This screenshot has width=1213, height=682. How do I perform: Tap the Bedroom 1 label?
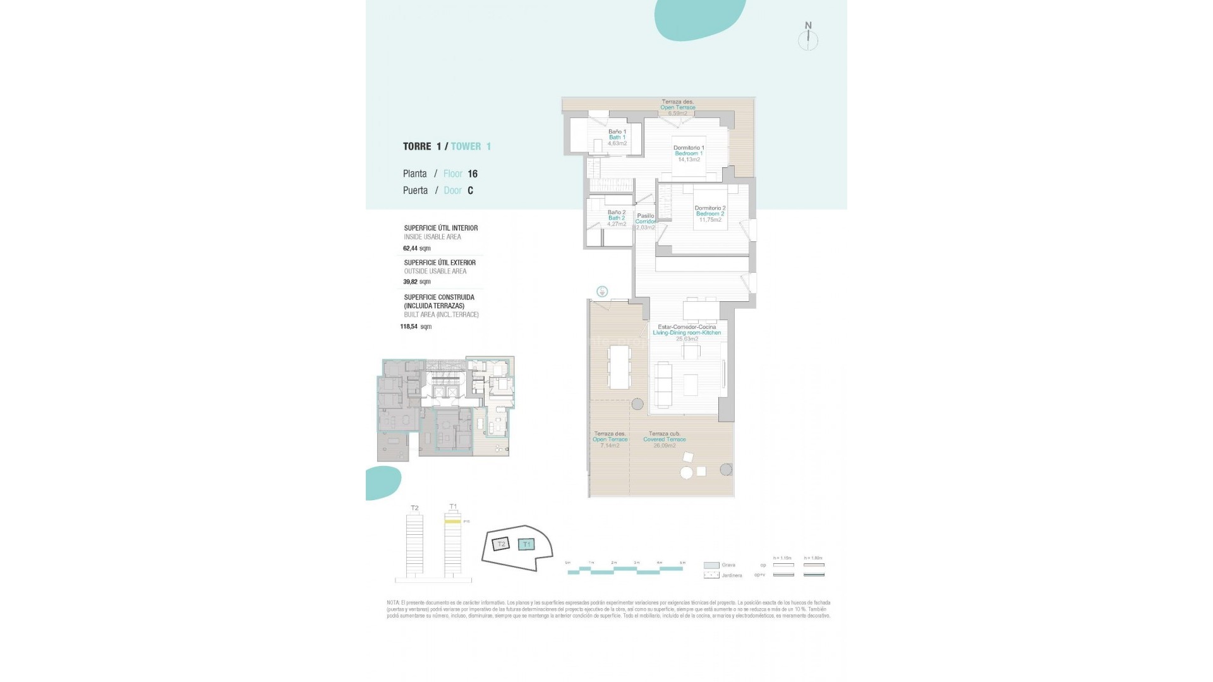tap(689, 153)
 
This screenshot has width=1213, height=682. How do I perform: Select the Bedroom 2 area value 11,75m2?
tap(710, 220)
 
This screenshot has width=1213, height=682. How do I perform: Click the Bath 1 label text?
tap(617, 138)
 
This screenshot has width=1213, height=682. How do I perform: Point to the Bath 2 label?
tap(616, 218)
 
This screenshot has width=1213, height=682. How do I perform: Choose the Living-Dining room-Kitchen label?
tap(687, 332)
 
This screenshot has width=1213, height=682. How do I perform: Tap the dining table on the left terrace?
tap(619, 367)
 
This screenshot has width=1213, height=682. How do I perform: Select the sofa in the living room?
tap(663, 385)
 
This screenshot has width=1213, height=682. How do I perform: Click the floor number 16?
tap(473, 174)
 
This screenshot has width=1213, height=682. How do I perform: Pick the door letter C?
tap(470, 190)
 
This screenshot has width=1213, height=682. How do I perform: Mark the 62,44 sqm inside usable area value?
tap(416, 248)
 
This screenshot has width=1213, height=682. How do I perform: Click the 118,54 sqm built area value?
tap(416, 326)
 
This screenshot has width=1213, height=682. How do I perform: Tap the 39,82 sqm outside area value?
tap(416, 282)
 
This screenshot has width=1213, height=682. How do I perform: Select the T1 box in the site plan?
tap(526, 544)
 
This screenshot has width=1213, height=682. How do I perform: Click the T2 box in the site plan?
tap(501, 544)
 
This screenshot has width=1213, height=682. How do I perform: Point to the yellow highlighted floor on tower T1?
tap(452, 522)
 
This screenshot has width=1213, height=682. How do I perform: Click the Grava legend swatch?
tap(711, 565)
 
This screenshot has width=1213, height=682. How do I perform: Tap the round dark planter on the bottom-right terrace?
tap(726, 469)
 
